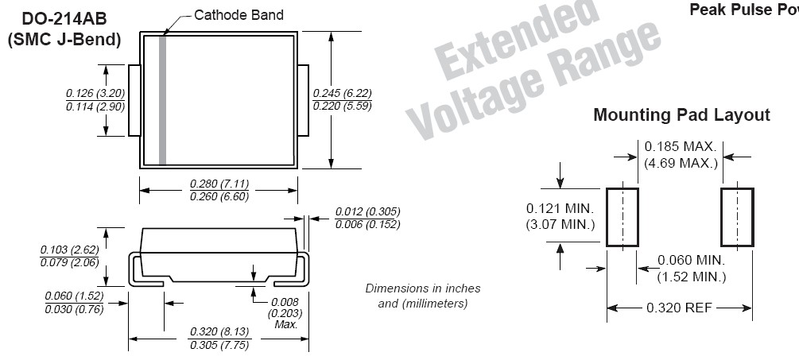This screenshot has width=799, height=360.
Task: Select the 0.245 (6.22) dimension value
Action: click(343, 94)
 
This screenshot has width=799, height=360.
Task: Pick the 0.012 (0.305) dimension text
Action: click(367, 211)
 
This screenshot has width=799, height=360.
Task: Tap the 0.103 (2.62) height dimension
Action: click(69, 249)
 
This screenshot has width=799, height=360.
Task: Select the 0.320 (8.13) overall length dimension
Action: click(218, 332)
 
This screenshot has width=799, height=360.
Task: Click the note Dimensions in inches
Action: click(422, 288)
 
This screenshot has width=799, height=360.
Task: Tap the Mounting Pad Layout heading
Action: click(681, 115)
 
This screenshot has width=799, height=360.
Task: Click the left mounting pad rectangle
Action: click(623, 217)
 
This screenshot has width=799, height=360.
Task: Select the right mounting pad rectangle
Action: click(737, 217)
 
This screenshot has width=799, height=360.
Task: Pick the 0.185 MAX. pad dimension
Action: click(681, 147)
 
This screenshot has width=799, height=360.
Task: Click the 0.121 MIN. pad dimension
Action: click(560, 208)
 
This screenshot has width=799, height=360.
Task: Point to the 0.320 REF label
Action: click(681, 308)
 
